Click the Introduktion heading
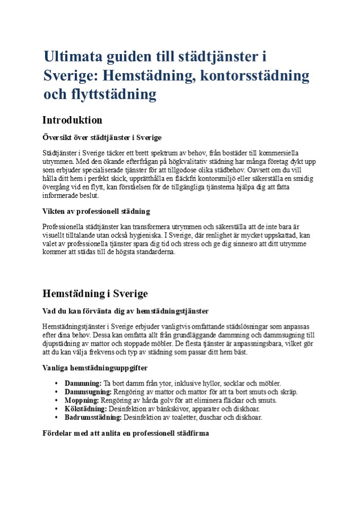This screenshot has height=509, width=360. pos(72,120)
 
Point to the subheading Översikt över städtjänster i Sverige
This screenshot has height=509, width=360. pos(102,138)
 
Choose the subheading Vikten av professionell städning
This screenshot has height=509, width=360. pos(96,212)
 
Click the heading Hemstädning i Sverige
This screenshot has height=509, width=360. pos(95,294)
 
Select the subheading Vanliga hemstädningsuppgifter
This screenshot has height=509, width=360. pos(94,367)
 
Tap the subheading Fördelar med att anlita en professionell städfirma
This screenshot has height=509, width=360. pos(126,433)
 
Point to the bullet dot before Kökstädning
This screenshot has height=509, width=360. pos(56,409)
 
